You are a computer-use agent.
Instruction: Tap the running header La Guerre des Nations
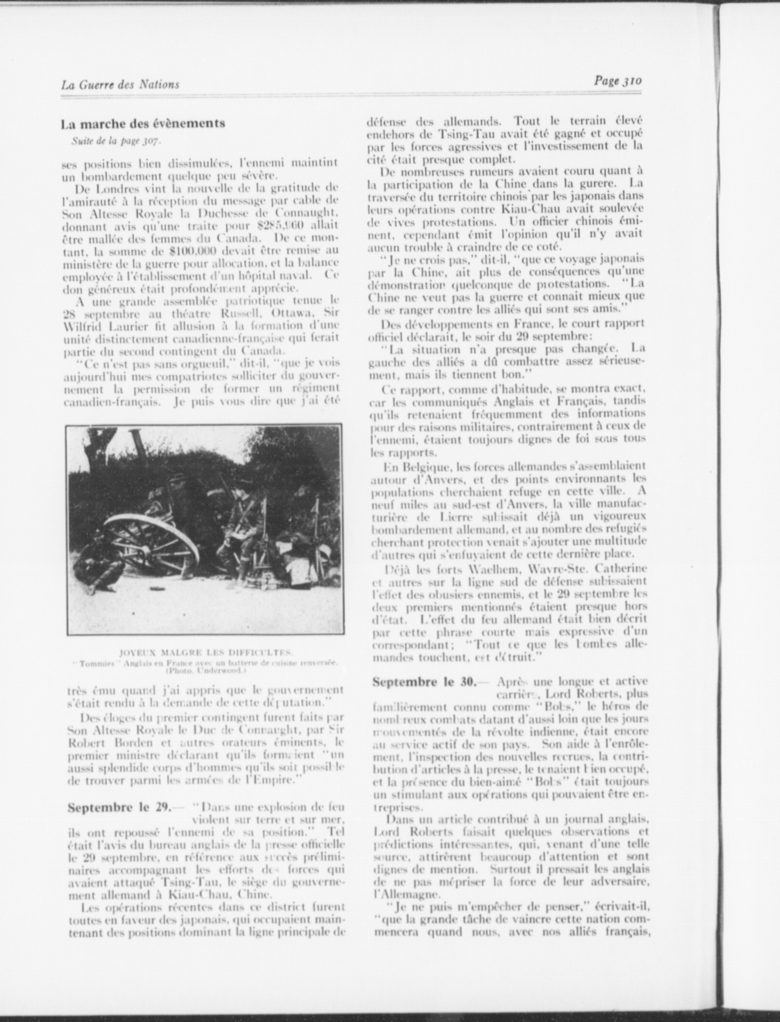(x=120, y=85)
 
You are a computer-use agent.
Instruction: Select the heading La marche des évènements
(x=143, y=123)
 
